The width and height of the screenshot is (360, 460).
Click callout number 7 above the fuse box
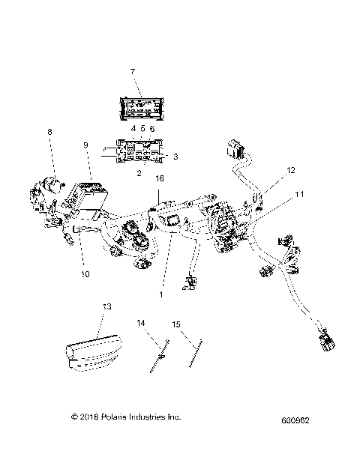point(133,71)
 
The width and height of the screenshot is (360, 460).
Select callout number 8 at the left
point(50,133)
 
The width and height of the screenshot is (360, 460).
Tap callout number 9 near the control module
point(86,145)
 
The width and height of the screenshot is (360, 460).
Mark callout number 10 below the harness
point(85,274)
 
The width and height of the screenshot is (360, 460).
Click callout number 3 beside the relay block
point(175,157)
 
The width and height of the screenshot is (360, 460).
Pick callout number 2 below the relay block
point(137,172)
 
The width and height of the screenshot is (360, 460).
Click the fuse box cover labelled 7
point(142,106)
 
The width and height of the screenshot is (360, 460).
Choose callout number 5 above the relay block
point(142,129)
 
